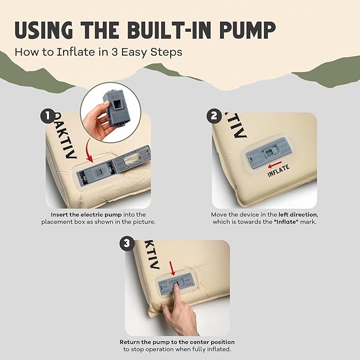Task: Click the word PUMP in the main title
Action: point(248,30)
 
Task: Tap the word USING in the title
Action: point(43,30)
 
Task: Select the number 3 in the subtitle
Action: point(115,52)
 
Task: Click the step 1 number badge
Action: point(48,116)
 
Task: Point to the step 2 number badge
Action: point(214,116)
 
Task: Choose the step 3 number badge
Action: point(127,243)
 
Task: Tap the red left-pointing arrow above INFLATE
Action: point(275,164)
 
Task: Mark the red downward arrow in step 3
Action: point(172,268)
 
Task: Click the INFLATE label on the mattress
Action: point(278,171)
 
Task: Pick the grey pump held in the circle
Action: point(117,109)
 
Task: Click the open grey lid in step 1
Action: point(133,159)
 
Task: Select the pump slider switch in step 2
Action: point(268,153)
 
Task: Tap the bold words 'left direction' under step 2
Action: point(298,215)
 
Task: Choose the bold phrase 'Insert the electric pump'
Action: point(86,215)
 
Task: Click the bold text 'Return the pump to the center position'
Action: point(177,342)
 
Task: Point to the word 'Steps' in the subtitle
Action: point(166,52)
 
